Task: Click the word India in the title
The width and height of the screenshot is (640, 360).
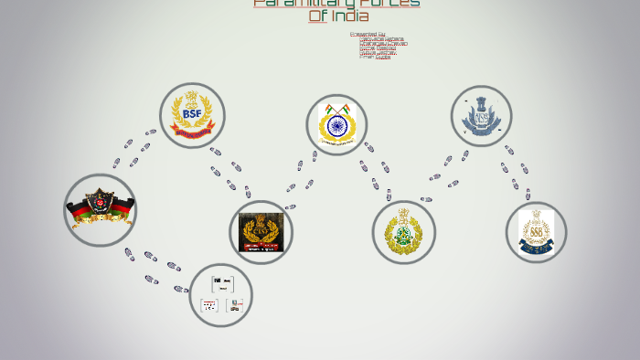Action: [x=349, y=16]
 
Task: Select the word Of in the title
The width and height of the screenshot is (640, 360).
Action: [x=317, y=16]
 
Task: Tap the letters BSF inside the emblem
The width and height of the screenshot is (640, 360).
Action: [x=192, y=113]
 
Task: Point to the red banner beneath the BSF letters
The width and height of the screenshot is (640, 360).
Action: [x=192, y=133]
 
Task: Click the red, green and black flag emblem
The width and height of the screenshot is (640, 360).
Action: [x=100, y=209]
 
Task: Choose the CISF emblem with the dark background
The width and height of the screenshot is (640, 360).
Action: [x=261, y=232]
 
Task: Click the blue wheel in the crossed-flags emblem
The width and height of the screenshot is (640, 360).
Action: [x=336, y=126]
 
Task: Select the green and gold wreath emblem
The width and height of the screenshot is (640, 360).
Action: [x=403, y=232]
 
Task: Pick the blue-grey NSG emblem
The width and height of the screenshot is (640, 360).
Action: [x=481, y=117]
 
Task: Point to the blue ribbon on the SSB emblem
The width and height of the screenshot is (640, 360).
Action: [x=536, y=245]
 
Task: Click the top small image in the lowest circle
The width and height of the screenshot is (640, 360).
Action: [x=222, y=283]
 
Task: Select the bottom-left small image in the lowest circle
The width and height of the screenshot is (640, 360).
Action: [x=209, y=305]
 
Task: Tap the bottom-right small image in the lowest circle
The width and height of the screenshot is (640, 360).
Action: [x=235, y=305]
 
